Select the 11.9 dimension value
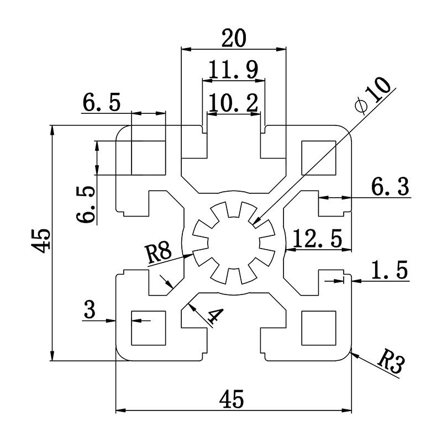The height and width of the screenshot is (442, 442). pos(234,70)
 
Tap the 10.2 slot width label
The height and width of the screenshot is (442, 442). pos(234,103)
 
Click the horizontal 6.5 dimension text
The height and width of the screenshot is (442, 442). pos(102,103)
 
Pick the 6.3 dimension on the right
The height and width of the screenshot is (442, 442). pos(390,188)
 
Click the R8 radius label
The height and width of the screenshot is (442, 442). pos(158,255)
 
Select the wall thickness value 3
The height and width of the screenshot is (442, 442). pos(90,310)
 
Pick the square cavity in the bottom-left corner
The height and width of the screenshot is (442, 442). pos(148,327)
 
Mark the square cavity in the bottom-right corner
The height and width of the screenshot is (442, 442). pos(319,327)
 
